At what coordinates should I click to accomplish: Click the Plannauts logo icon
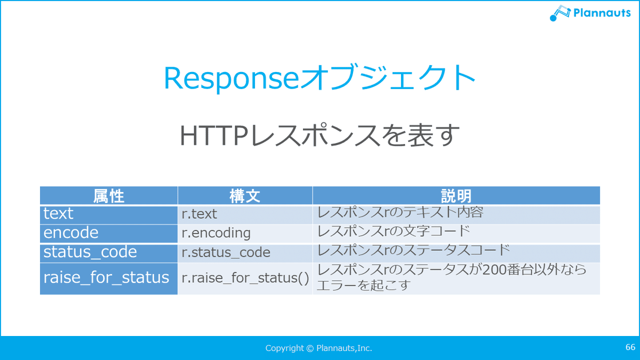tap(560, 13)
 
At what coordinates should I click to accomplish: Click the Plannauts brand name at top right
tap(602, 13)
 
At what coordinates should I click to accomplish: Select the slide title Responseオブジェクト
tap(319, 78)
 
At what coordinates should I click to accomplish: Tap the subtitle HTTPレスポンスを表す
tap(319, 135)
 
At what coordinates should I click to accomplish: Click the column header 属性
tap(109, 196)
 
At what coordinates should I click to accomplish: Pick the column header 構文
tap(245, 196)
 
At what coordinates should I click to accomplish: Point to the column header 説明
tap(457, 196)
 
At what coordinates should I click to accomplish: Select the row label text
tap(58, 214)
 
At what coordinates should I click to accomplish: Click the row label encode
tap(71, 233)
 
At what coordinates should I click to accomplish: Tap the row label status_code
tap(90, 252)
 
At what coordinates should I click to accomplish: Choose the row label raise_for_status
tap(106, 278)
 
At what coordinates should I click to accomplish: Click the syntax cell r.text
tap(199, 214)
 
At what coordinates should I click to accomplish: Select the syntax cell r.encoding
tap(217, 233)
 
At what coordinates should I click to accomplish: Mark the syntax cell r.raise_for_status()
tap(245, 278)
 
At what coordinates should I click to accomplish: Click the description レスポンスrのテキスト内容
tap(400, 212)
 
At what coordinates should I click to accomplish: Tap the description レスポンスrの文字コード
tap(394, 231)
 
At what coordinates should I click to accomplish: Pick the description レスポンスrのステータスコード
tap(413, 250)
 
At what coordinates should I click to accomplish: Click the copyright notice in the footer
tap(318, 348)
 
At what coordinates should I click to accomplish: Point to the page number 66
tap(630, 347)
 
